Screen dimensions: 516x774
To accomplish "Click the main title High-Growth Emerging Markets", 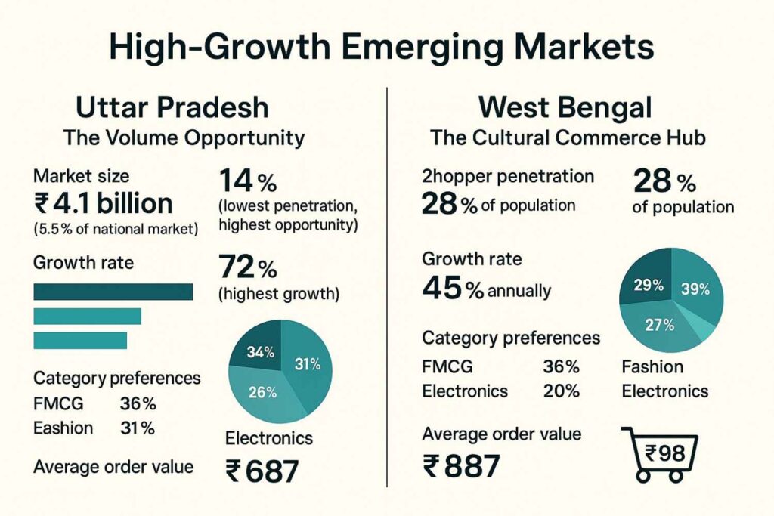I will click(381, 46).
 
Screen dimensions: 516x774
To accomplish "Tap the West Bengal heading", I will click(565, 107).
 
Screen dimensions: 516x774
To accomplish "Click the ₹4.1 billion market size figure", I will click(104, 203).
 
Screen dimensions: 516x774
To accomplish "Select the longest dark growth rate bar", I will click(113, 292).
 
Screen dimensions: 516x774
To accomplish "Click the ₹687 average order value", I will click(262, 470).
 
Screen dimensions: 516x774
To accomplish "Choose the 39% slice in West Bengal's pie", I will click(694, 290).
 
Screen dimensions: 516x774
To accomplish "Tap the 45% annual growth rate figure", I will click(453, 290).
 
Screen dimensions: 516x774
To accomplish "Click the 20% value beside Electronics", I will click(561, 391).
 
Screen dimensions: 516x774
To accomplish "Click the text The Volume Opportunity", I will click(184, 138).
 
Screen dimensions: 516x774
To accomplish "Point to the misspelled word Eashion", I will click(63, 428).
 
